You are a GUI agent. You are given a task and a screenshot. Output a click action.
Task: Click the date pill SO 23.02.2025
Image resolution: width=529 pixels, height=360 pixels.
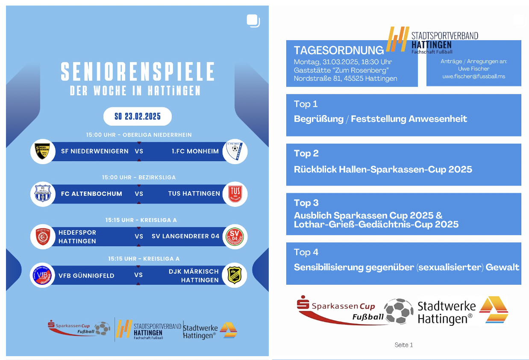pyautogui.click(x=138, y=116)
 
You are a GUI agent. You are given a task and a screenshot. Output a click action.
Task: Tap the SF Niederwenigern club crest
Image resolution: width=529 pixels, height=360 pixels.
pyautogui.click(x=43, y=151)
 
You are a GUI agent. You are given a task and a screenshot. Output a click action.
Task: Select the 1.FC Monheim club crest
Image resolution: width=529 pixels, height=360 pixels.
pyautogui.click(x=235, y=151)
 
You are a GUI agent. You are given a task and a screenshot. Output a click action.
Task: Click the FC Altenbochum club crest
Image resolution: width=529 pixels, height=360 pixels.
pyautogui.click(x=43, y=194)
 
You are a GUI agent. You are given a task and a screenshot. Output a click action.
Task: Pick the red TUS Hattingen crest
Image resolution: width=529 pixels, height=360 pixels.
pyautogui.click(x=235, y=193)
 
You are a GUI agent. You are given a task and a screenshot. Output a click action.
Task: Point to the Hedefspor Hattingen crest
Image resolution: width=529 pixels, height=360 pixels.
pyautogui.click(x=43, y=237)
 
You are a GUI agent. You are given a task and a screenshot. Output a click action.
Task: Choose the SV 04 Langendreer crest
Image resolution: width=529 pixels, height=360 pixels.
pyautogui.click(x=235, y=236)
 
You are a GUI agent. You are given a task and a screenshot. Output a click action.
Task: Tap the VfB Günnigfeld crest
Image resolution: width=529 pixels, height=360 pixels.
pyautogui.click(x=43, y=275)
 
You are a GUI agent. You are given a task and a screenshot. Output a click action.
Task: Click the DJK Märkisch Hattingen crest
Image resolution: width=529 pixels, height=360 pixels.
pyautogui.click(x=235, y=275)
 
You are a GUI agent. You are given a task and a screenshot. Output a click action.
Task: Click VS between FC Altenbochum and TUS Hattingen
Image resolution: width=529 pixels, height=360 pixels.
pyautogui.click(x=139, y=194)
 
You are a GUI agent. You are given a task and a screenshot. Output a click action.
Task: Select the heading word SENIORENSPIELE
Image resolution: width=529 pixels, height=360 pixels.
pyautogui.click(x=138, y=72)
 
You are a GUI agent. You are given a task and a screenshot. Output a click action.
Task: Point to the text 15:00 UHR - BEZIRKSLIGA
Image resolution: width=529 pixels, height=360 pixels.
pyautogui.click(x=139, y=177)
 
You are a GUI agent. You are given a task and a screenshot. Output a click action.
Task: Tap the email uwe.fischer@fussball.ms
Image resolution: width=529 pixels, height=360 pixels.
pyautogui.click(x=473, y=77)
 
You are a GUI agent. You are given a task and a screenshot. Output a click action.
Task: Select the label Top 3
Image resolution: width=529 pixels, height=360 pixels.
pyautogui.click(x=306, y=203)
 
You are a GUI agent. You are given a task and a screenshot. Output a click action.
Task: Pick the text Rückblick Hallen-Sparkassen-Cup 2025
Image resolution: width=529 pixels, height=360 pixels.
pyautogui.click(x=383, y=169)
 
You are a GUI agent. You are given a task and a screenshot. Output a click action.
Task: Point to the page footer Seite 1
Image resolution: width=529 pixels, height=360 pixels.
pyautogui.click(x=404, y=345)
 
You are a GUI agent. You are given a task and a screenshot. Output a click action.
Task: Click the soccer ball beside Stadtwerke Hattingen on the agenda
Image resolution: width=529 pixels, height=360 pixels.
pyautogui.click(x=399, y=311)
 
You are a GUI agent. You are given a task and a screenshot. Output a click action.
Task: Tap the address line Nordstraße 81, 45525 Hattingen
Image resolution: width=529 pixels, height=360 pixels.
pyautogui.click(x=345, y=78)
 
